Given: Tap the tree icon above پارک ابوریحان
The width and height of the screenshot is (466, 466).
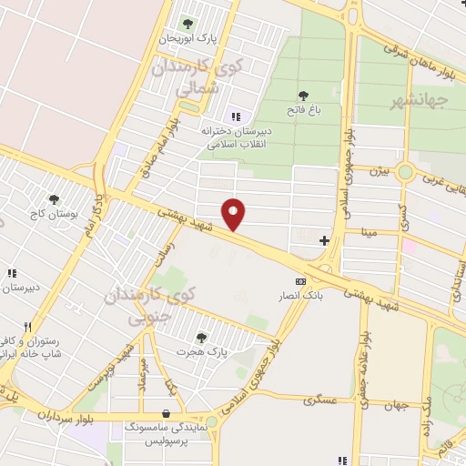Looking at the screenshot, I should coord(188,24).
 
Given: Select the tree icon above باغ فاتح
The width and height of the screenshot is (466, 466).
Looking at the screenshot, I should coord(303,96).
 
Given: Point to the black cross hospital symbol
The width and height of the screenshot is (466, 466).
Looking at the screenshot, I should coord(325,240).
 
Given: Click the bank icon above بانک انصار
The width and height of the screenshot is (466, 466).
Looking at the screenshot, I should coord(301,281).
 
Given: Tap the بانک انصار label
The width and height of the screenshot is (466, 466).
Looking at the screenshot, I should coord(301,297).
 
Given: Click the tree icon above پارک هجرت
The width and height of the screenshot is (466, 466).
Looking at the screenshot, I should coord(201,337).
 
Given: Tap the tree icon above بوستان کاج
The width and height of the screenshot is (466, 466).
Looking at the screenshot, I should coord(54,198).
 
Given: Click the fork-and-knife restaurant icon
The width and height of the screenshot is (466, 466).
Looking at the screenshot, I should coord(29,327).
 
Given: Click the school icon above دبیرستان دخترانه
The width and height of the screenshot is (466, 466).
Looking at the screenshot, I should coord(237,116).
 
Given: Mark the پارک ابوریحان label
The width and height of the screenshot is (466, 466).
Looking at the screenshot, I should coord(189,38).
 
